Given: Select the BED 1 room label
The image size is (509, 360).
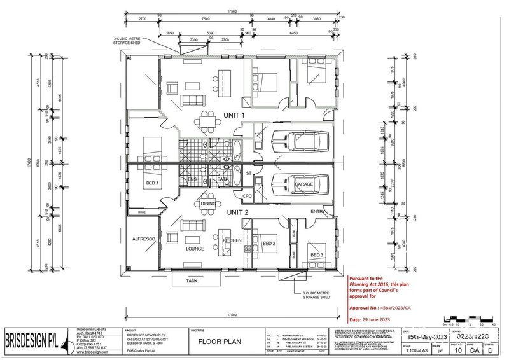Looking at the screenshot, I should (x=153, y=184).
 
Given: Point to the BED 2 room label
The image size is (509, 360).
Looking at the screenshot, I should (x=269, y=244).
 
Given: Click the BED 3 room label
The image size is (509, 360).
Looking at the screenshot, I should (x=316, y=255).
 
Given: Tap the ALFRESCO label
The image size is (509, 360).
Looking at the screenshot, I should (x=144, y=239).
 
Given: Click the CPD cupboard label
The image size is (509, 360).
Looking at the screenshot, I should (x=248, y=197).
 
